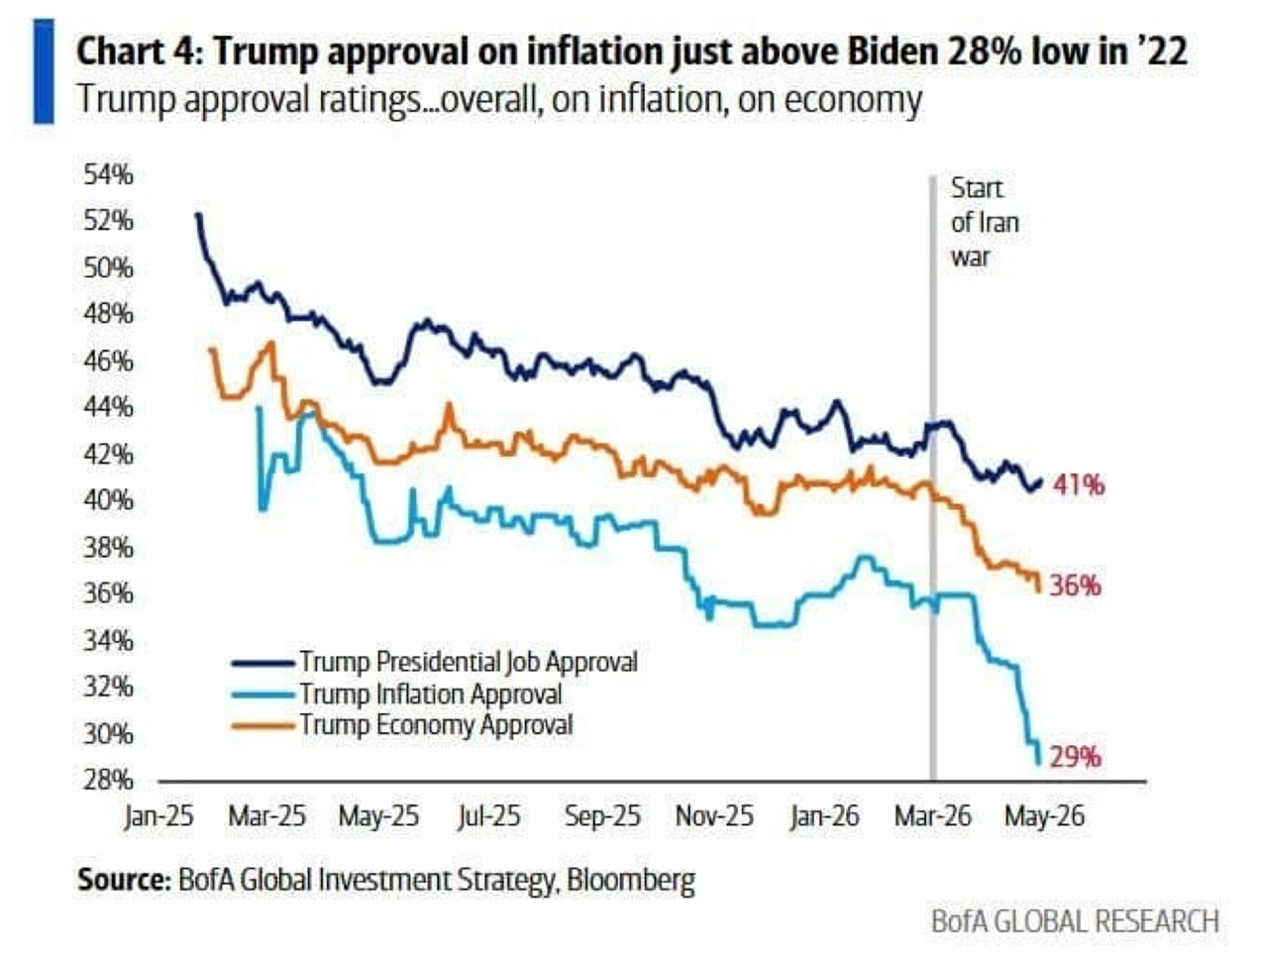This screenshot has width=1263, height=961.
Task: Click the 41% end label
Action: coord(1079,485)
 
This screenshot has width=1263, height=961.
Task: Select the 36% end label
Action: coord(1076,586)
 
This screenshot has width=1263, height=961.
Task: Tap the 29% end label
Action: coord(1076,757)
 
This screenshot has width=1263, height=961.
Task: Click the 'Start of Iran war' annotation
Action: coord(985,222)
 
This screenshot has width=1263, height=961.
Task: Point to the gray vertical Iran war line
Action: coord(933,478)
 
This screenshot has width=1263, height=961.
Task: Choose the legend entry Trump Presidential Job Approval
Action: coord(435,663)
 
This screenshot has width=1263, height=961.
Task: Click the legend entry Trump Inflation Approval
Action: coord(397,694)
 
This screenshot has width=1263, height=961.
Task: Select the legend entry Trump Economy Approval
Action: coord(402,724)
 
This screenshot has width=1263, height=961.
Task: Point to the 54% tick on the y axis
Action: coord(108,174)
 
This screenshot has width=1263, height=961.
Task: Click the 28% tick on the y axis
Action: coord(108,781)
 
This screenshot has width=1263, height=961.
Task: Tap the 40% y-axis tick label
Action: coord(108,500)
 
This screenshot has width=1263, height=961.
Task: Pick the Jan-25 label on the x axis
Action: coord(158,816)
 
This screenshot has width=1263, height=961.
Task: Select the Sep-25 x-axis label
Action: coord(602,816)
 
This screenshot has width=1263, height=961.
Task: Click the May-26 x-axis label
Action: coord(1044,816)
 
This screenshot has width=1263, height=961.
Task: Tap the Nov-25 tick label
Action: coord(714,816)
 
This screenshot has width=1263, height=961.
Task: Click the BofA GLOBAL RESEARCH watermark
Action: coord(1075,921)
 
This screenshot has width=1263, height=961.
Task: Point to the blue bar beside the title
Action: coord(44,70)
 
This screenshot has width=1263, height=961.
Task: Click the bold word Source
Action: coord(124,880)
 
